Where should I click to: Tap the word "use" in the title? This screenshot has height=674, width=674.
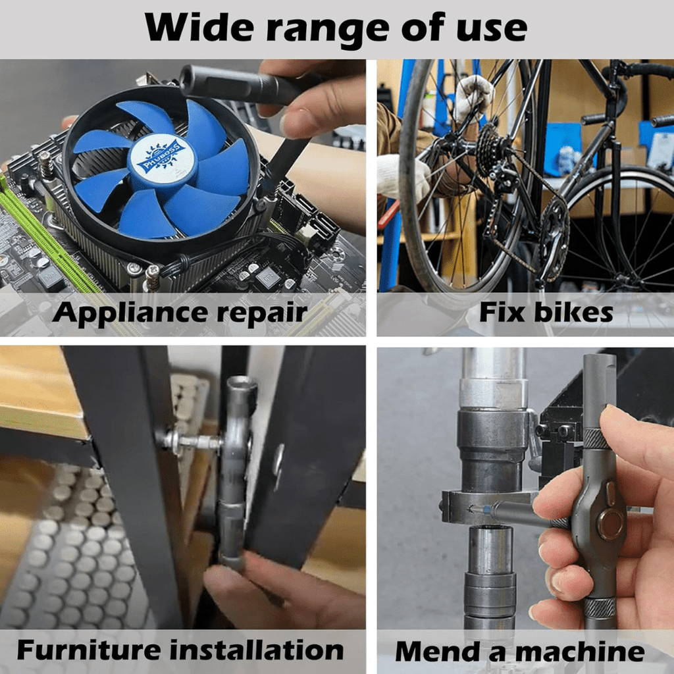[x=486, y=28]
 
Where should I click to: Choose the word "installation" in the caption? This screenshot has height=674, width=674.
[x=257, y=650]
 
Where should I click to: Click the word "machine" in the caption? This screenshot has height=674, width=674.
[x=579, y=652]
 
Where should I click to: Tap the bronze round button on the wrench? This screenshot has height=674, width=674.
[x=609, y=524]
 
